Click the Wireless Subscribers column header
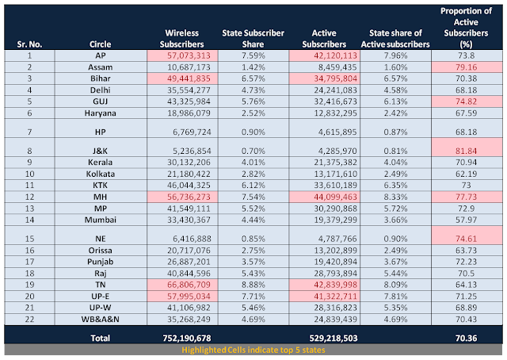click(x=179, y=36)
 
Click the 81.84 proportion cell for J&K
click(x=465, y=147)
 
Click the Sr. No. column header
click(x=29, y=42)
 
